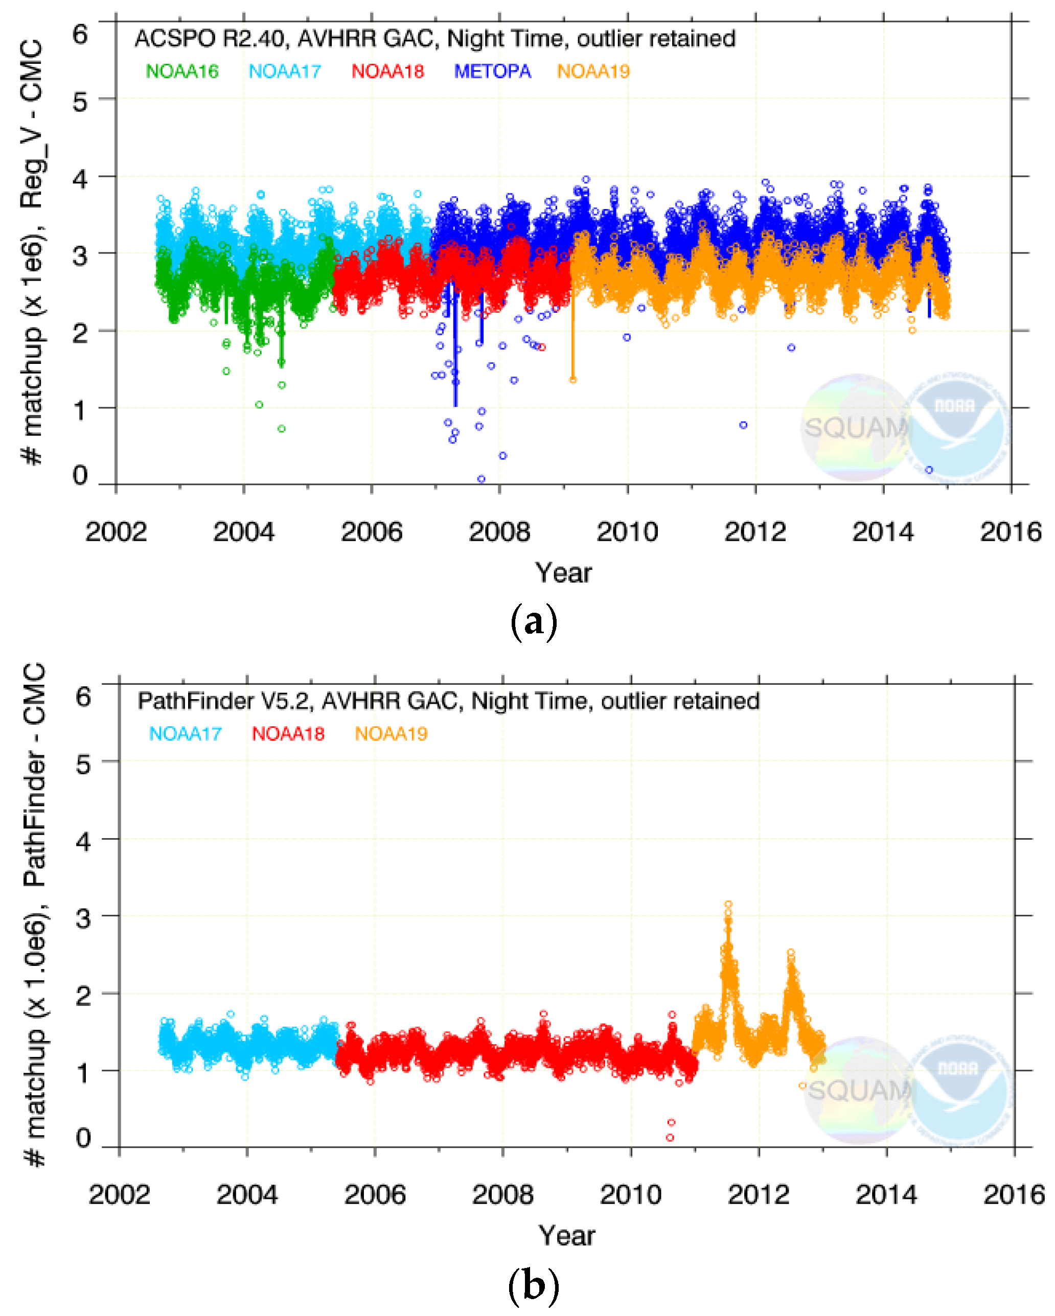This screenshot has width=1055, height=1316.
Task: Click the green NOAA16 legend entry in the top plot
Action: point(182,72)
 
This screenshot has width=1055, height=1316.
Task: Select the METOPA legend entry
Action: point(492,72)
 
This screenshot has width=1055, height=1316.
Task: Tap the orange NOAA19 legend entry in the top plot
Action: point(593,72)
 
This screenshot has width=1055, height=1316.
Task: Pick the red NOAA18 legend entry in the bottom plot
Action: point(288,734)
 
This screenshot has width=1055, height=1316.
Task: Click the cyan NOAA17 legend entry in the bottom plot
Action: point(185,734)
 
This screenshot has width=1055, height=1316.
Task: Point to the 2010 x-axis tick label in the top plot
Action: point(627,532)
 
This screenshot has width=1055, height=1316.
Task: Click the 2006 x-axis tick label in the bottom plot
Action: point(375,1194)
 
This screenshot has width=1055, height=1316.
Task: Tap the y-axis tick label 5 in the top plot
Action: point(80,101)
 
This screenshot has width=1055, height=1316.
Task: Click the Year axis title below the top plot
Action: point(563,573)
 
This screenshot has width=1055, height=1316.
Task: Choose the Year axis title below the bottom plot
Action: point(566,1235)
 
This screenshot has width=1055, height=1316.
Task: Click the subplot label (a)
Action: point(533,622)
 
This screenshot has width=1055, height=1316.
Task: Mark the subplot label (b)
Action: point(533,1284)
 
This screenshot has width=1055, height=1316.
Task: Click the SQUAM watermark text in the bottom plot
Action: point(859,1090)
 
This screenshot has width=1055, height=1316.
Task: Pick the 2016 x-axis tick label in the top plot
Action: point(1011,532)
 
